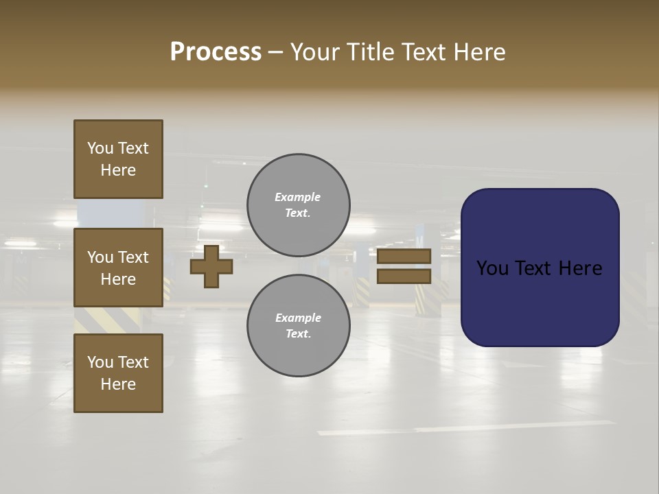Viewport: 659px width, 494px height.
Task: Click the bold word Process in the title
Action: pos(216,52)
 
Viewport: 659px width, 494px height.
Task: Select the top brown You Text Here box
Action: pos(118,159)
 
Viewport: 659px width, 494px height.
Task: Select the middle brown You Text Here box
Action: pos(118,268)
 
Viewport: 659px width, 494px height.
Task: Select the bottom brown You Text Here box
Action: pos(118,373)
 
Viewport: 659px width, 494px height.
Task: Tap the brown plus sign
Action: pos(211,266)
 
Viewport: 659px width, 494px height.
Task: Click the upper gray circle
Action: pos(299,204)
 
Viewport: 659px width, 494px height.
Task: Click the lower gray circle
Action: pos(299,325)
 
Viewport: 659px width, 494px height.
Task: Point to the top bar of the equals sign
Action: pos(404,256)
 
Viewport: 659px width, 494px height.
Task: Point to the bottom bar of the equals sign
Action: pos(404,276)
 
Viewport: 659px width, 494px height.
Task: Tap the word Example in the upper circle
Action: pos(298,197)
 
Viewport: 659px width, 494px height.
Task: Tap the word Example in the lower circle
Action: pos(298,318)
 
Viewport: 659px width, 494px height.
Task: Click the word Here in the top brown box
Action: pos(118,170)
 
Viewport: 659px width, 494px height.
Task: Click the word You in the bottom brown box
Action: pos(100,362)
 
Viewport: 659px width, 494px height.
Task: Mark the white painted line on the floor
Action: pos(467,427)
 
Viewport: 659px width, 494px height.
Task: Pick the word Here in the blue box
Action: pos(580,268)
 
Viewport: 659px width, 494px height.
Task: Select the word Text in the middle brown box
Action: pos(133,257)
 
